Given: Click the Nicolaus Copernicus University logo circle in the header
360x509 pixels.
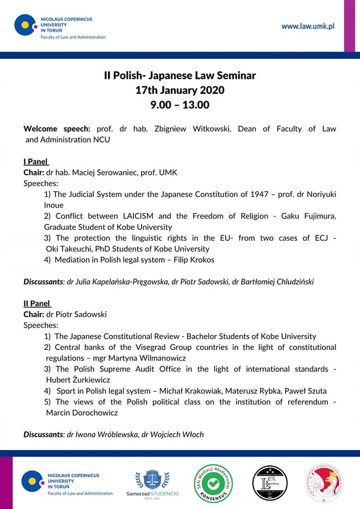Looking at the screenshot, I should [25, 25].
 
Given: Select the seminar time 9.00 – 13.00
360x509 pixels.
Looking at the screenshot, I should [180, 105].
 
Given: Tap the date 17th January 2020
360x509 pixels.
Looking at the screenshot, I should [180, 90].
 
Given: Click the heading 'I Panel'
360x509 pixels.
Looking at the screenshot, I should [37, 162].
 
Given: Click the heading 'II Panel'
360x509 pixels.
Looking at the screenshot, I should [37, 303].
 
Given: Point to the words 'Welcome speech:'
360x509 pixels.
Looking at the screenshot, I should [57, 129].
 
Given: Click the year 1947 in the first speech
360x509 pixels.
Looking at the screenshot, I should [256, 195].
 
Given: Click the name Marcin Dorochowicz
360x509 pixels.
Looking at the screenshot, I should [82, 413].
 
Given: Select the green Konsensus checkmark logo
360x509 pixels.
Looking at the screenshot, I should [213, 483].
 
